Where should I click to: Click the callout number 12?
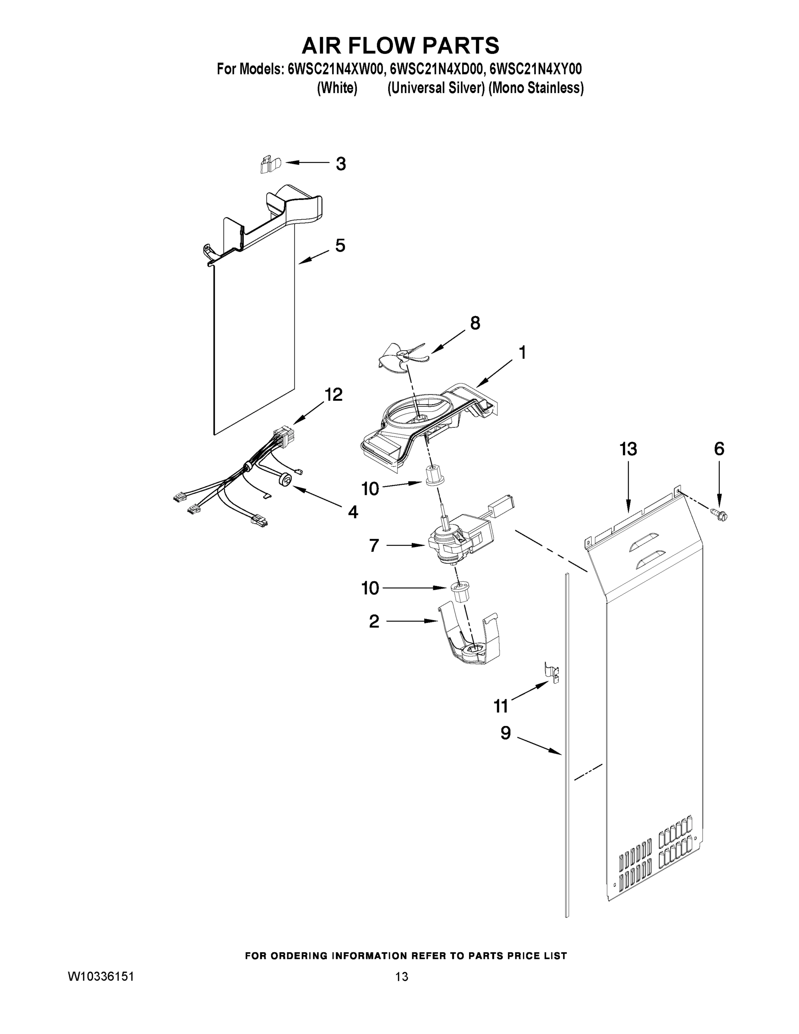[x=333, y=394]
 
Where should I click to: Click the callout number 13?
[x=628, y=449]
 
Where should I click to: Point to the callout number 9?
[x=506, y=733]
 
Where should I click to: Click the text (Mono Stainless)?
[x=536, y=88]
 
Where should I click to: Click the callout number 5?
[x=340, y=246]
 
